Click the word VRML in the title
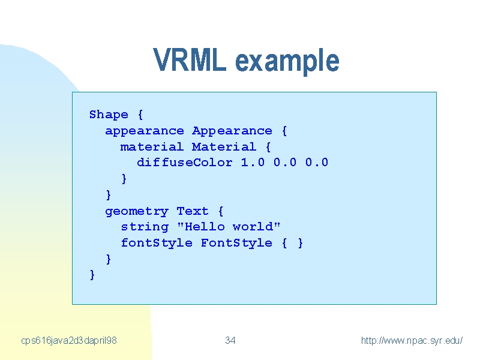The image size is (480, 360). coord(190,59)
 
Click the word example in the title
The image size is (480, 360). coord(287,62)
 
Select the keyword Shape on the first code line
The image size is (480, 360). coord(109,115)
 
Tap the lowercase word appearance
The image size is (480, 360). coord(145,131)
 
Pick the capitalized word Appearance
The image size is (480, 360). coord(232,131)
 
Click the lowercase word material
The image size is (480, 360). coord(152,147)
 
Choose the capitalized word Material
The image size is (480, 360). coord(224,147)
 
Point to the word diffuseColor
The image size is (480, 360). coord(185,163)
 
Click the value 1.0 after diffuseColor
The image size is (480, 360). coord(253,163)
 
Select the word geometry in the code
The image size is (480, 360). coord(137,212)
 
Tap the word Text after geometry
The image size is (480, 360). coord(193,211)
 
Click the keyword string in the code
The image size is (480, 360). coord(145,227)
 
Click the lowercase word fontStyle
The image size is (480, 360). coord(157,243)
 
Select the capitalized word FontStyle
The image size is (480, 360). coord(236,243)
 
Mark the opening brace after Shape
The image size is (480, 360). coord(140,115)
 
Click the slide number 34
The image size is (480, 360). coord(230,340)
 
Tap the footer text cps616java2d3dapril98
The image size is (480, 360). coord(69,341)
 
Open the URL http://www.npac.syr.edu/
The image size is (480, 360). coord(412,340)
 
